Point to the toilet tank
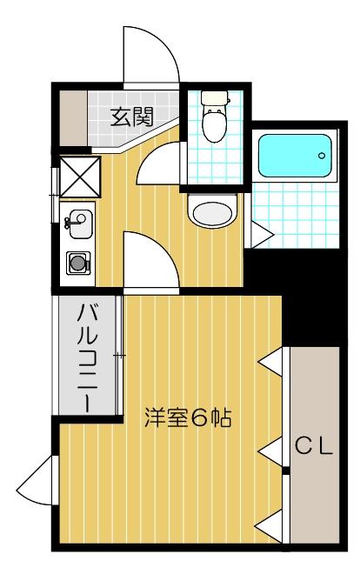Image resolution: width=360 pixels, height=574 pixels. (212, 99)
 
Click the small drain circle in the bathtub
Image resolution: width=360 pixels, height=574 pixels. (323, 157)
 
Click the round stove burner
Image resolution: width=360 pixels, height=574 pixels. (79, 261)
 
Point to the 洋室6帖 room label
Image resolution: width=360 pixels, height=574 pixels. (187, 418)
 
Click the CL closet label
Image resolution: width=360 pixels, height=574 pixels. (314, 447)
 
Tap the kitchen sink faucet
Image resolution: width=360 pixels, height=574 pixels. (69, 224)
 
